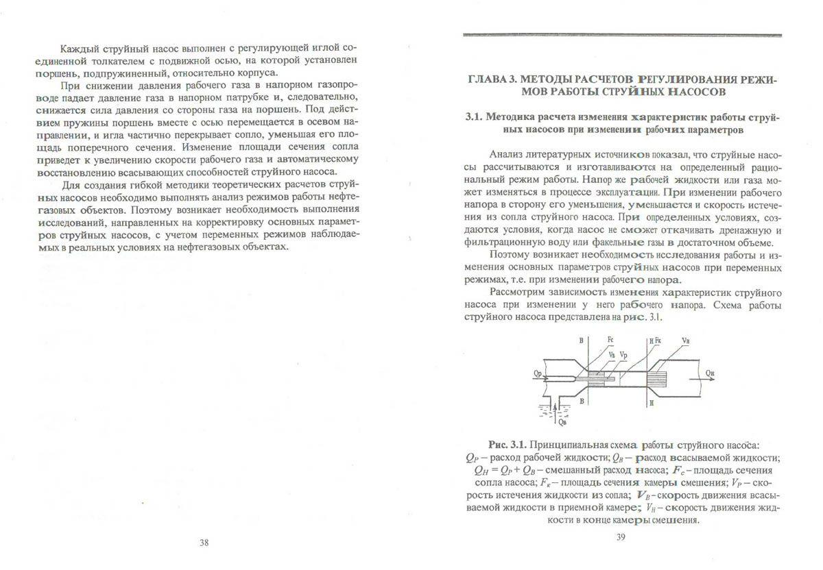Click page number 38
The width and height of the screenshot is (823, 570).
(x=204, y=542)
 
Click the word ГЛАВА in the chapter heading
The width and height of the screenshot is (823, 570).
(x=484, y=79)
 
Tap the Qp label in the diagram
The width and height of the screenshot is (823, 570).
(x=537, y=373)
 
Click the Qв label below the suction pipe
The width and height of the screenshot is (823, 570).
(x=563, y=421)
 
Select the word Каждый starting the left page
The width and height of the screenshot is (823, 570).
(x=77, y=49)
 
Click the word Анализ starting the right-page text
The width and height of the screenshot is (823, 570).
(x=506, y=156)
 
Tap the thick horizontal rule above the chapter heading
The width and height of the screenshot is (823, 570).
(x=622, y=34)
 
